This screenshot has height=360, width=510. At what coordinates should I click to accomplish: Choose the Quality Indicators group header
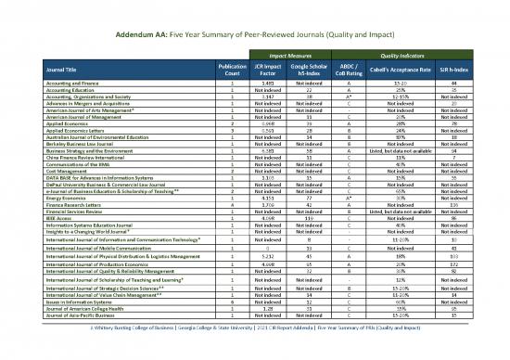(x=397, y=55)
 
